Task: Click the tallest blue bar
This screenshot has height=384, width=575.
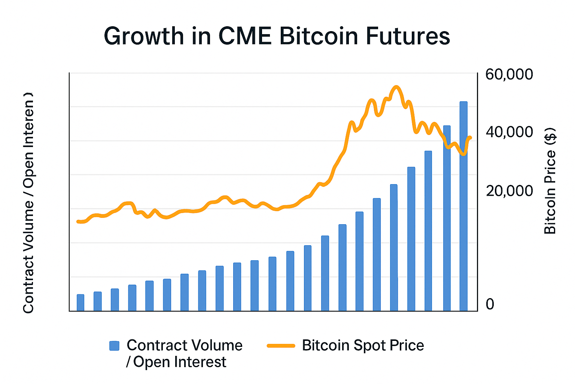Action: point(463,206)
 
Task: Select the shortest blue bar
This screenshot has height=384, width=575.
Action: point(80,303)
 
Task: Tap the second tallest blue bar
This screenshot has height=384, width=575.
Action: point(447,218)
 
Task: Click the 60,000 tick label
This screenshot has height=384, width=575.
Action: point(509,74)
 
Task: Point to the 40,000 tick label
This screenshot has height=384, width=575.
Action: point(509,132)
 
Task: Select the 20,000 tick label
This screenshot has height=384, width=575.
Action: point(509,191)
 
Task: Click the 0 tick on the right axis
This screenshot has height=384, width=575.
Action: point(490,304)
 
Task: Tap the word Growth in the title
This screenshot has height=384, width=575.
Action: point(144,36)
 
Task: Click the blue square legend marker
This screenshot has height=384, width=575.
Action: point(114,346)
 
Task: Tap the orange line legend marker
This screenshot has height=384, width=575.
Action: point(281,346)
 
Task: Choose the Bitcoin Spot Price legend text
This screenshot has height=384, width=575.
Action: point(363,345)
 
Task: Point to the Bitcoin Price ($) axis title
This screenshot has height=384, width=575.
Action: point(550,181)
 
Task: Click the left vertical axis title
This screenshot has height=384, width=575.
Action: point(28,202)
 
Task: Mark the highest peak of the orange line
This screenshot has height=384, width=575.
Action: point(396,87)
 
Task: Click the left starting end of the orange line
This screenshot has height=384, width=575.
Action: point(78,222)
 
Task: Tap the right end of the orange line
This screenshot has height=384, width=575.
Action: point(470,138)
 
